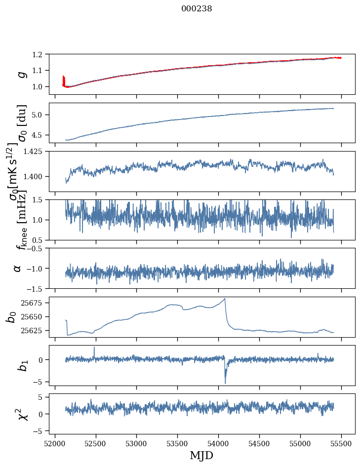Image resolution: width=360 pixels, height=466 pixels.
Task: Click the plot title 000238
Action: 197,9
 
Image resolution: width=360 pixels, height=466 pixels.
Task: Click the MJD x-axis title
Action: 201,455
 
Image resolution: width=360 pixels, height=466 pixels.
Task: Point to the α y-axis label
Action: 18,268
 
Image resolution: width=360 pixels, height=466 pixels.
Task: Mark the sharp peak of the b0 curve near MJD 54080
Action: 225,299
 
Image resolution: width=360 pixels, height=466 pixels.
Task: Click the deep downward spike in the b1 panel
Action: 225,383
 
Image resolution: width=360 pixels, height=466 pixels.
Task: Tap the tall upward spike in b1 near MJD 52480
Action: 94,347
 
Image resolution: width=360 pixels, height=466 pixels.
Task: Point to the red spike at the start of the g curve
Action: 63,79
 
